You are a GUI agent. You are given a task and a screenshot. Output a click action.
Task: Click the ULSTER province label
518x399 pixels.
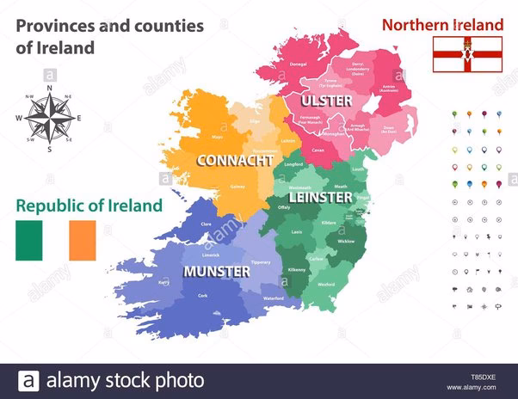[x=326, y=101]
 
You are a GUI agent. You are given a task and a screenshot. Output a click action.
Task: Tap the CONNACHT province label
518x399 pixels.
[x=235, y=160]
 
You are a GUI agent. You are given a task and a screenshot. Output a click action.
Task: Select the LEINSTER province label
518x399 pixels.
[x=320, y=197]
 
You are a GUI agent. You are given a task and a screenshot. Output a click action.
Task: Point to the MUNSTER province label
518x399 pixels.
[x=217, y=271]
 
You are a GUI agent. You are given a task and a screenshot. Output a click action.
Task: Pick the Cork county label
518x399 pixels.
[x=202, y=295]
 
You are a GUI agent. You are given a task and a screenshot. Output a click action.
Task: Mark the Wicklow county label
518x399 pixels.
[x=346, y=242]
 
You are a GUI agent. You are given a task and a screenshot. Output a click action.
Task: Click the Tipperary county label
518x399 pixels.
[x=261, y=262]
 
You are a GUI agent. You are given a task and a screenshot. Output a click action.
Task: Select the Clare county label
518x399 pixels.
[x=206, y=224]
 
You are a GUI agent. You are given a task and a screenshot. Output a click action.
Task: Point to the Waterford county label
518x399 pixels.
[x=274, y=298]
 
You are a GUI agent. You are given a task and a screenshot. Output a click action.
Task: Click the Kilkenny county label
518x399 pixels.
[x=297, y=270]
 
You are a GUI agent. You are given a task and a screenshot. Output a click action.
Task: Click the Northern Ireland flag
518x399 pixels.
[x=467, y=54]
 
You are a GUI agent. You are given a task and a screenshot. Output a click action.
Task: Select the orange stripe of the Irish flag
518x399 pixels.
[x=83, y=240]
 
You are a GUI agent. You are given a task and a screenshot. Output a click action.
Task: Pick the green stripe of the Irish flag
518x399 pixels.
[x=28, y=240]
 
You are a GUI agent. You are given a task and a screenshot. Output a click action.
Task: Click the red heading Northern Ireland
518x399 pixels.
[x=442, y=25]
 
